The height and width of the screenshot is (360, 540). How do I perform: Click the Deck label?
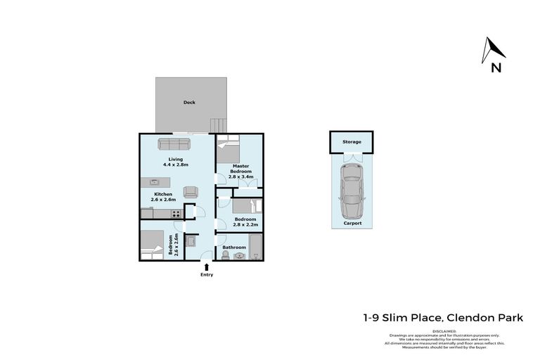[x=189, y=103]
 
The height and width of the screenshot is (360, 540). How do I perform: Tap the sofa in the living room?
[x=174, y=143]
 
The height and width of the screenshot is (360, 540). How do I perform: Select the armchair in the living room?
[x=190, y=191]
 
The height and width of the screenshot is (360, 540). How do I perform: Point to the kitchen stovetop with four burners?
[x=176, y=214]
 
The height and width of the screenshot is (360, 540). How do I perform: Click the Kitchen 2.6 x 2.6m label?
[x=163, y=197]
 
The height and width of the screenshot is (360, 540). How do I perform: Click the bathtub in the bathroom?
[x=255, y=248]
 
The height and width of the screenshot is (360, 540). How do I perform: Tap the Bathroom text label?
[x=233, y=247]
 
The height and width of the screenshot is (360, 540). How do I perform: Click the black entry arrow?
[x=206, y=266]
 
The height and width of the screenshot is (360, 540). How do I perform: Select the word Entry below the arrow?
[x=206, y=274]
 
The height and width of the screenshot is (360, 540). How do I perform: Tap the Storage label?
[x=352, y=142]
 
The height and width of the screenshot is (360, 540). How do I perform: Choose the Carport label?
[x=352, y=223]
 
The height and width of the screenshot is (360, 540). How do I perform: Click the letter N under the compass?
[x=496, y=68]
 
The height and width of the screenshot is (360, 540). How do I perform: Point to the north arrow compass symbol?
[x=494, y=50]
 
